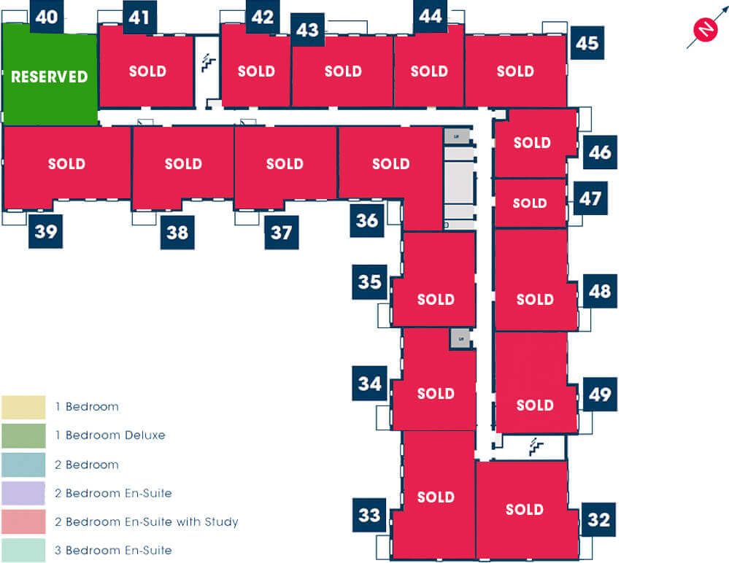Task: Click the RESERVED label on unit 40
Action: click(x=50, y=77)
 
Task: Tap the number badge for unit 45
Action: click(x=587, y=43)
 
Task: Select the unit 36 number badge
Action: click(x=367, y=220)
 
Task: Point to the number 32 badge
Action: click(x=598, y=519)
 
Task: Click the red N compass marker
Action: click(x=706, y=28)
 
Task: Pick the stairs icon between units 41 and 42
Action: click(x=208, y=63)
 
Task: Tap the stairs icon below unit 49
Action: click(x=536, y=447)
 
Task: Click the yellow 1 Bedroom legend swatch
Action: click(x=23, y=408)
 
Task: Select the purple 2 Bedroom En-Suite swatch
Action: click(x=23, y=493)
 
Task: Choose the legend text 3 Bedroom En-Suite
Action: click(x=113, y=551)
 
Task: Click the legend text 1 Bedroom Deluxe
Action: click(x=109, y=435)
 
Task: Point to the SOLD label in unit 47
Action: click(x=530, y=203)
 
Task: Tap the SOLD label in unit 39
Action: click(x=66, y=163)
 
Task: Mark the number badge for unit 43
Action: click(x=307, y=30)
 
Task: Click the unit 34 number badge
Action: click(x=370, y=383)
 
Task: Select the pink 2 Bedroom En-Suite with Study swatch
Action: click(x=23, y=521)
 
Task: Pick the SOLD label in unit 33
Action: click(x=436, y=497)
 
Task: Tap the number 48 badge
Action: click(x=600, y=291)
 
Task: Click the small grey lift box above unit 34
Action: click(x=460, y=338)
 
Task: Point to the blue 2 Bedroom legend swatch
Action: click(x=23, y=465)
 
